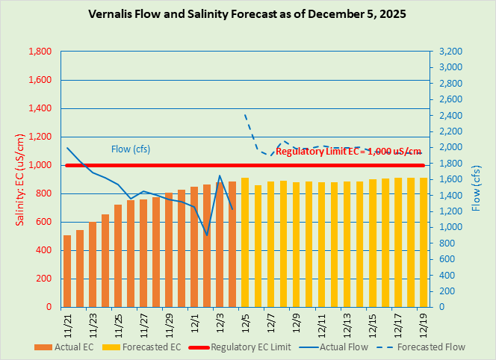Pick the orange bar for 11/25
click(118, 255)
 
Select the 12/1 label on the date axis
click(194, 323)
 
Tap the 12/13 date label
click(347, 323)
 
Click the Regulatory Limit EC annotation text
click(349, 152)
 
